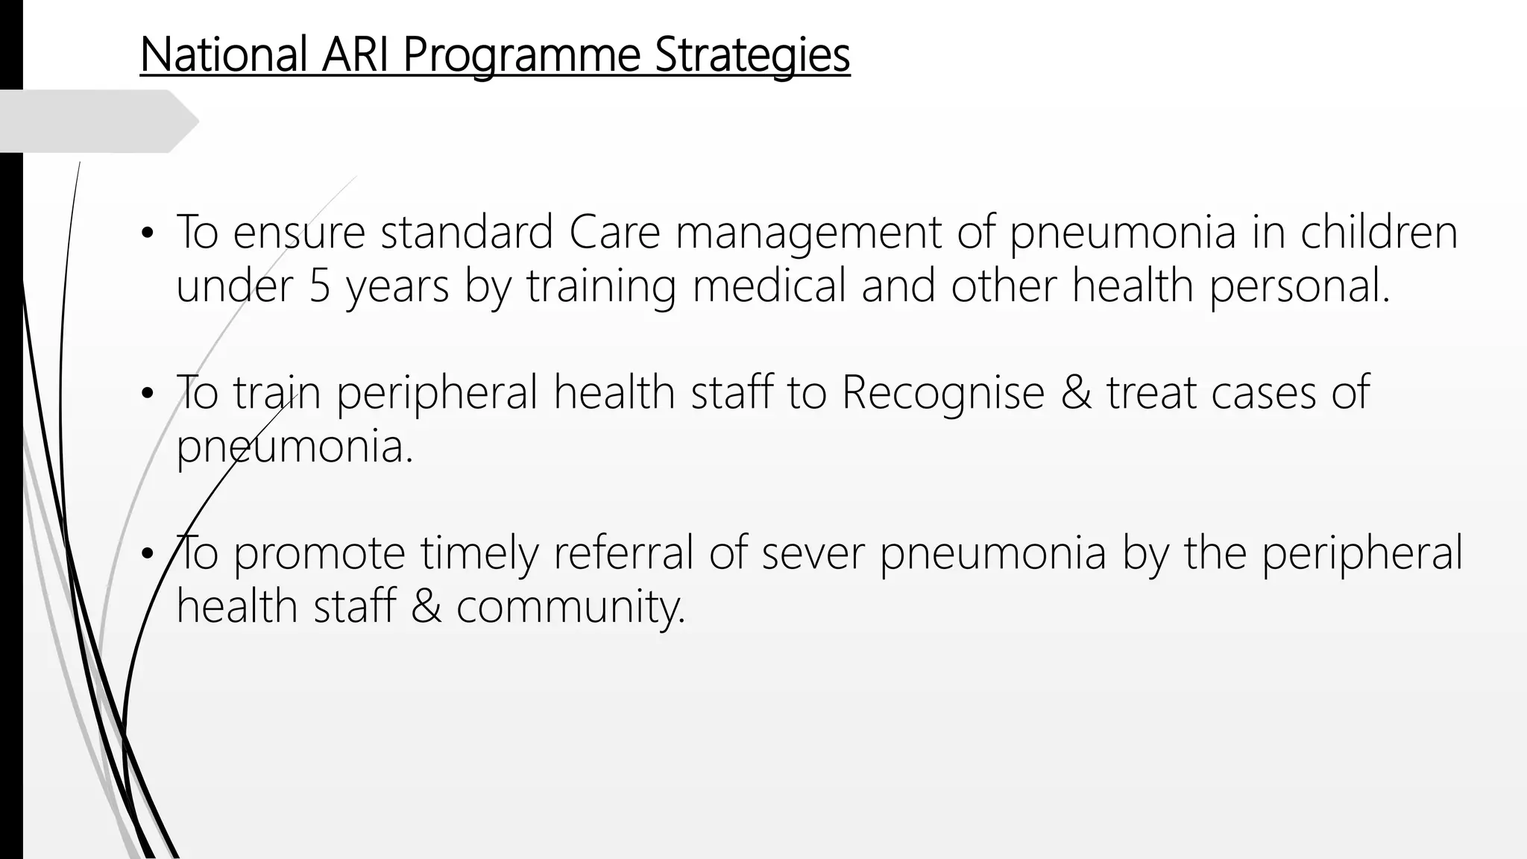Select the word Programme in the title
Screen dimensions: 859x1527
(521, 56)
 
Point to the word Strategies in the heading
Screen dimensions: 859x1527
(752, 56)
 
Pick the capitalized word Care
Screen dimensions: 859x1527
(614, 232)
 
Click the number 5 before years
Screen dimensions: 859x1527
(319, 286)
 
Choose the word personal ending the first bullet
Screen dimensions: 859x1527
(1298, 287)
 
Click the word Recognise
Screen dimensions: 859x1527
(942, 393)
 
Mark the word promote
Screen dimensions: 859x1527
(319, 554)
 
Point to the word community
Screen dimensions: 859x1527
(570, 606)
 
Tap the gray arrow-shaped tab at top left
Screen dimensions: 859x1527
(97, 121)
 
